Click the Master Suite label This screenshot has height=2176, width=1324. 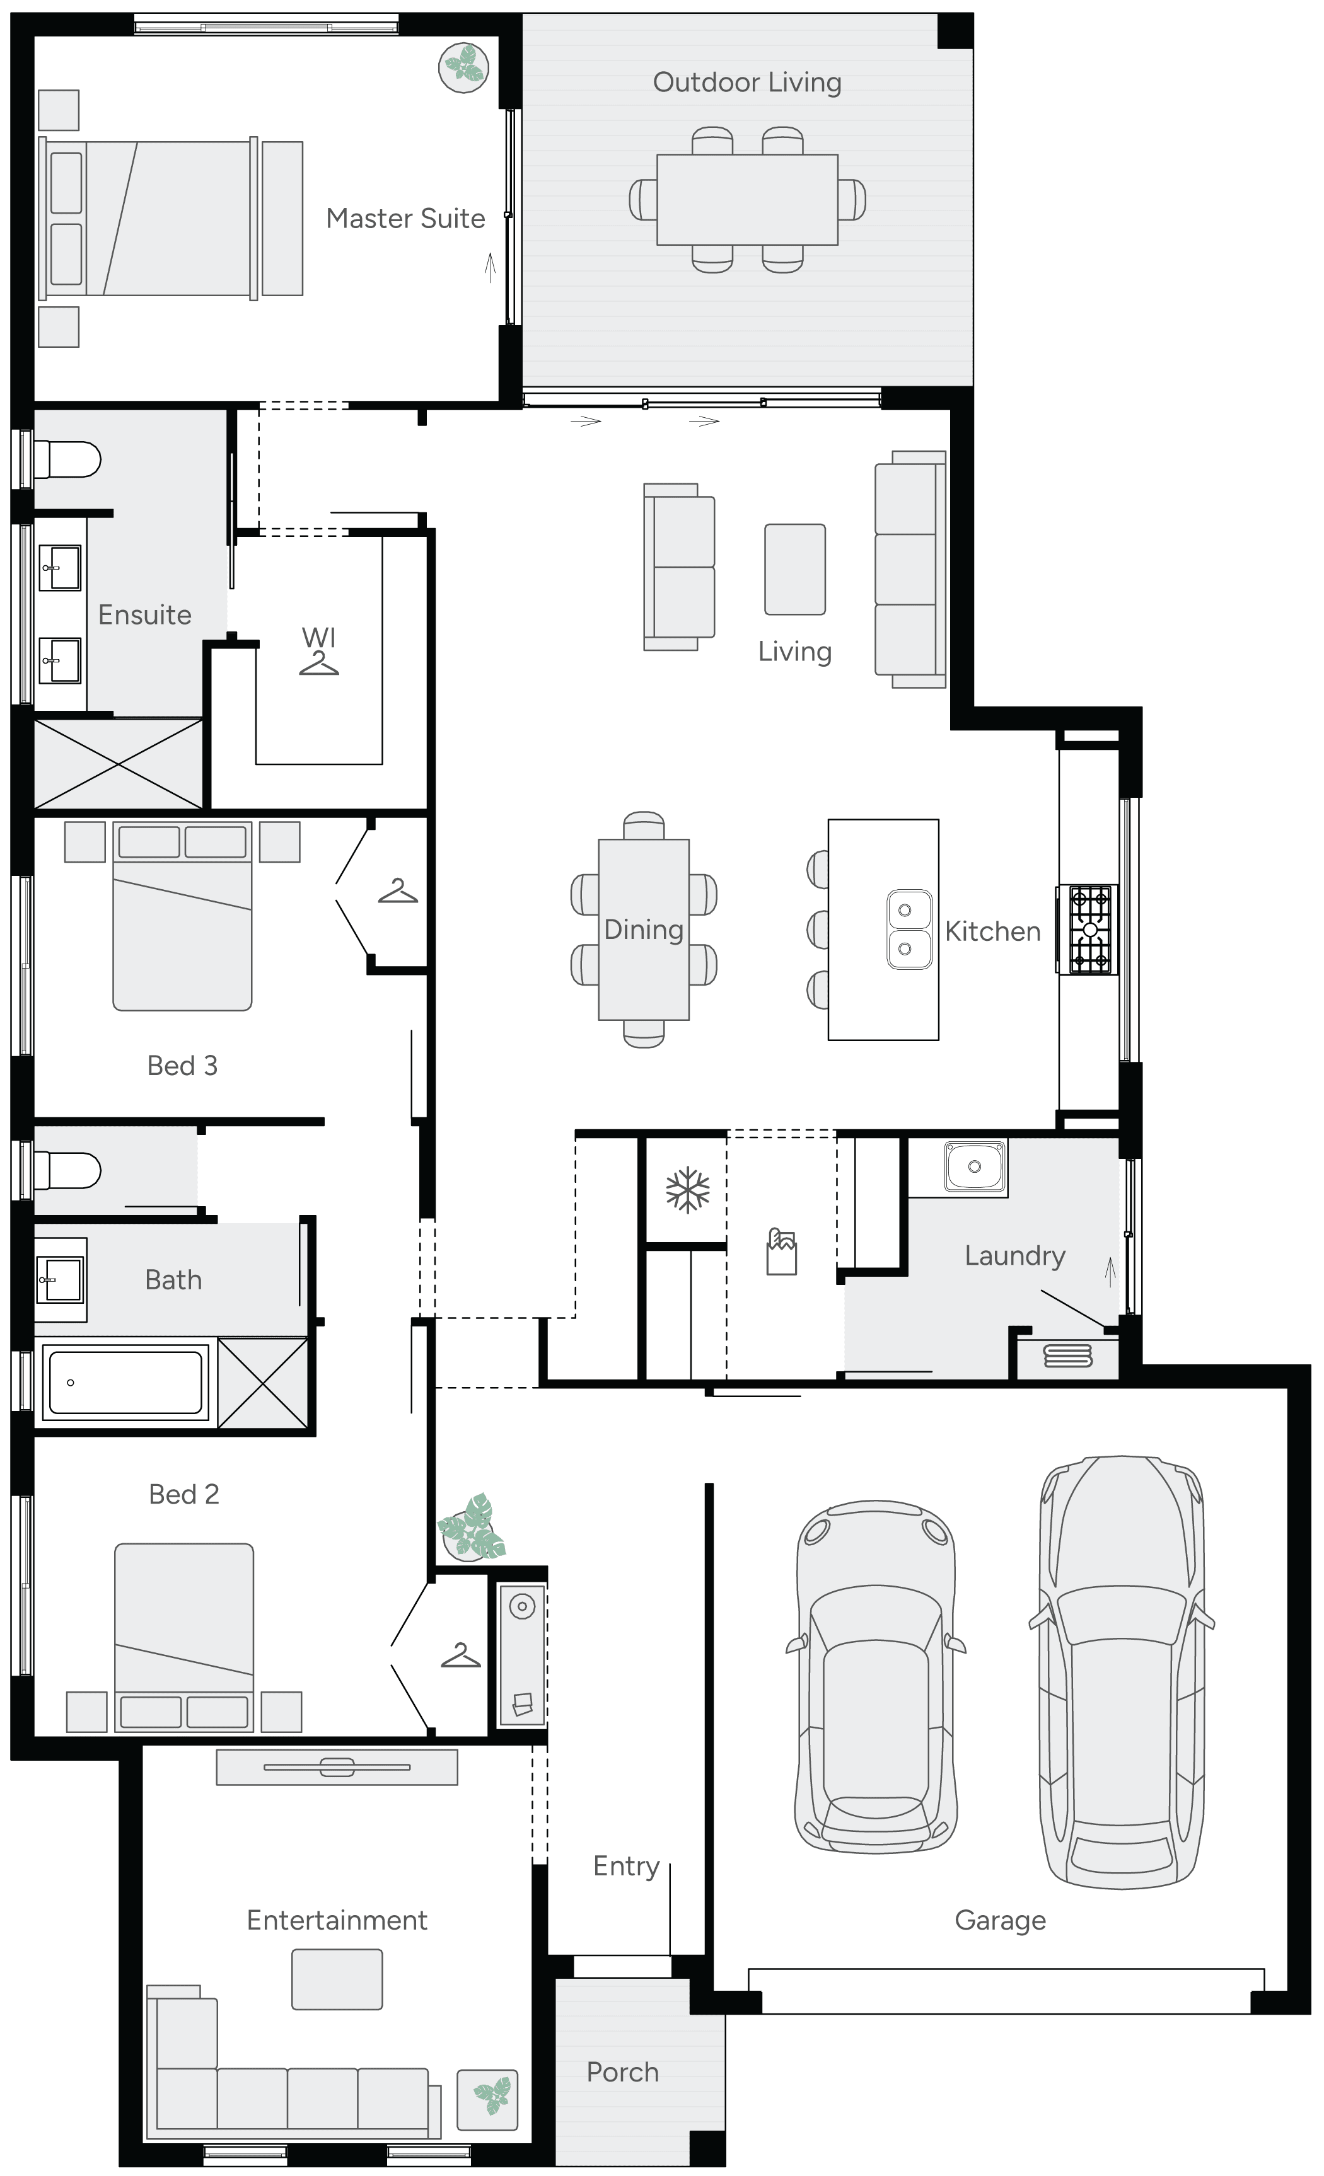[405, 218]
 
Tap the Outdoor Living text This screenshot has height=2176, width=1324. [746, 82]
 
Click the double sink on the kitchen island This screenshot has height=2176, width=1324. [909, 929]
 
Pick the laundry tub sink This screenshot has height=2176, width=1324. [974, 1166]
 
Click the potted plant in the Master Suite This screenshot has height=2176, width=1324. [463, 67]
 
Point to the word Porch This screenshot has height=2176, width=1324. [623, 2072]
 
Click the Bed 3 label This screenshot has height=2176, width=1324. [182, 1066]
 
